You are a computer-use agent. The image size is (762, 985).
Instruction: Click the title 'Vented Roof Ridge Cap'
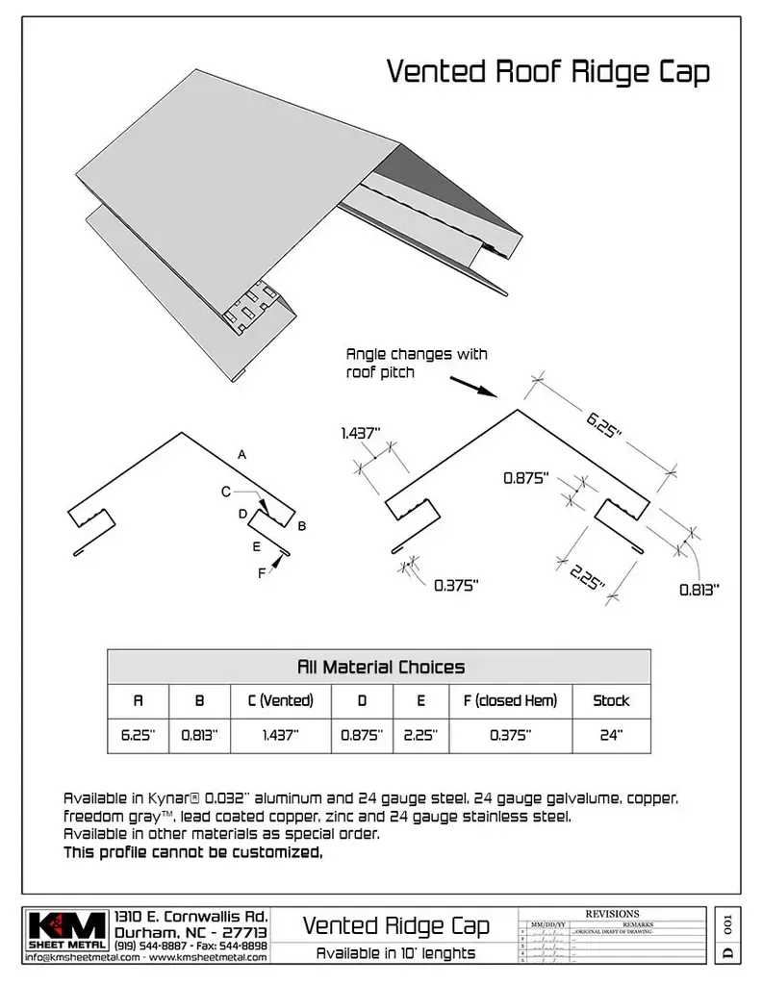click(547, 72)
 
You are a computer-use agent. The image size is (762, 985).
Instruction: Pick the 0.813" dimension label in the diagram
click(698, 591)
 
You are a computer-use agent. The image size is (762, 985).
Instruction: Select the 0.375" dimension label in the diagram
click(456, 585)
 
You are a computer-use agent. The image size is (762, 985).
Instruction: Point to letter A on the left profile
click(242, 454)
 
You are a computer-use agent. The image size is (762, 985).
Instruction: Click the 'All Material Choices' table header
click(380, 667)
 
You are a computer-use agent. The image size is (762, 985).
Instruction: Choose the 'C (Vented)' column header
click(280, 701)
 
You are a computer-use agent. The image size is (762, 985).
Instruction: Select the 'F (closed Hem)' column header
click(510, 701)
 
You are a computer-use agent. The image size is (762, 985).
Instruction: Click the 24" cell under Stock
click(611, 735)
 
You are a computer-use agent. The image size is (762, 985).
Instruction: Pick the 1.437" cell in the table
click(280, 735)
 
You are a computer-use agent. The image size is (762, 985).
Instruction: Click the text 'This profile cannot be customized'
click(192, 852)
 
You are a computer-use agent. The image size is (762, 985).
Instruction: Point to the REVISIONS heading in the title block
click(612, 914)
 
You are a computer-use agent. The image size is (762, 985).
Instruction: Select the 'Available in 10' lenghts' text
click(395, 954)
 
